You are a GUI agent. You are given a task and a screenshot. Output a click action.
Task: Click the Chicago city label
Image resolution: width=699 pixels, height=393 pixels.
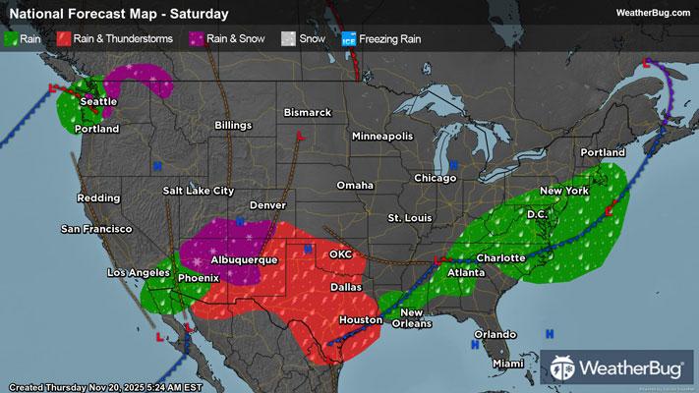click(x=435, y=178)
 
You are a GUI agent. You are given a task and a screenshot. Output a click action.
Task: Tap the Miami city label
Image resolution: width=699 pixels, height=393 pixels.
click(x=509, y=364)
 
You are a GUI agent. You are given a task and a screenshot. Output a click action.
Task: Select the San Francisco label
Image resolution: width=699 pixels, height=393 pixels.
click(x=96, y=229)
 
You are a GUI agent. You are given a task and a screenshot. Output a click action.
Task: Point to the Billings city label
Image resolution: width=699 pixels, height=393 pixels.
click(x=232, y=126)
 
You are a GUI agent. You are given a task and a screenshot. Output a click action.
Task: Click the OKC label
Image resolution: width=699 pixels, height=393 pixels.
click(x=341, y=253)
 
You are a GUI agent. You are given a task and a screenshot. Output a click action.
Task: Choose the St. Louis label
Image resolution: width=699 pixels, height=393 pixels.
click(x=409, y=216)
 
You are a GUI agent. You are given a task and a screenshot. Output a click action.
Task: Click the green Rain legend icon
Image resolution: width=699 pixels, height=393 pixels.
click(x=11, y=39)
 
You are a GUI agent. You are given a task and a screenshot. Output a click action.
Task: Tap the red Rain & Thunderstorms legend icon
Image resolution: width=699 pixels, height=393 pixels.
click(x=63, y=39)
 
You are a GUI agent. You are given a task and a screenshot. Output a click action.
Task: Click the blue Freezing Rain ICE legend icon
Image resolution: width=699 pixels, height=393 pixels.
click(x=348, y=39)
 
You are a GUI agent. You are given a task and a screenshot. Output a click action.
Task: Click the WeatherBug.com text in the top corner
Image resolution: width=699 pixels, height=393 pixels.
click(x=653, y=12)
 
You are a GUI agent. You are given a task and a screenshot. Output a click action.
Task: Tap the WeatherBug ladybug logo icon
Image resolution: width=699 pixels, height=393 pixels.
click(x=563, y=367)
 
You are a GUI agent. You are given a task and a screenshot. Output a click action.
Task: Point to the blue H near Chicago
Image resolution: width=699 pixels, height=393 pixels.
click(x=453, y=163)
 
